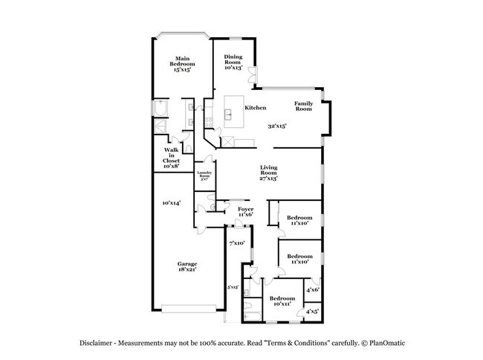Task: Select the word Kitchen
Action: click(256, 109)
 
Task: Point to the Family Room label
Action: click(303, 106)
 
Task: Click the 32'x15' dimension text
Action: click(277, 126)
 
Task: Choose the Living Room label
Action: click(268, 173)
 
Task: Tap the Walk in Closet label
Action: click(172, 155)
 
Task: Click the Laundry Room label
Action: click(205, 177)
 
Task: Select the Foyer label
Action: click(245, 212)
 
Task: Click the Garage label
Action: click(187, 267)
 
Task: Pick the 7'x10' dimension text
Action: click(237, 243)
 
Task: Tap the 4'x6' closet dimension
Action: click(313, 290)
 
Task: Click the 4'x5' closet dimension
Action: click(313, 312)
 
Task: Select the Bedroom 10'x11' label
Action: click(283, 300)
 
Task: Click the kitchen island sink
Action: click(230, 114)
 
